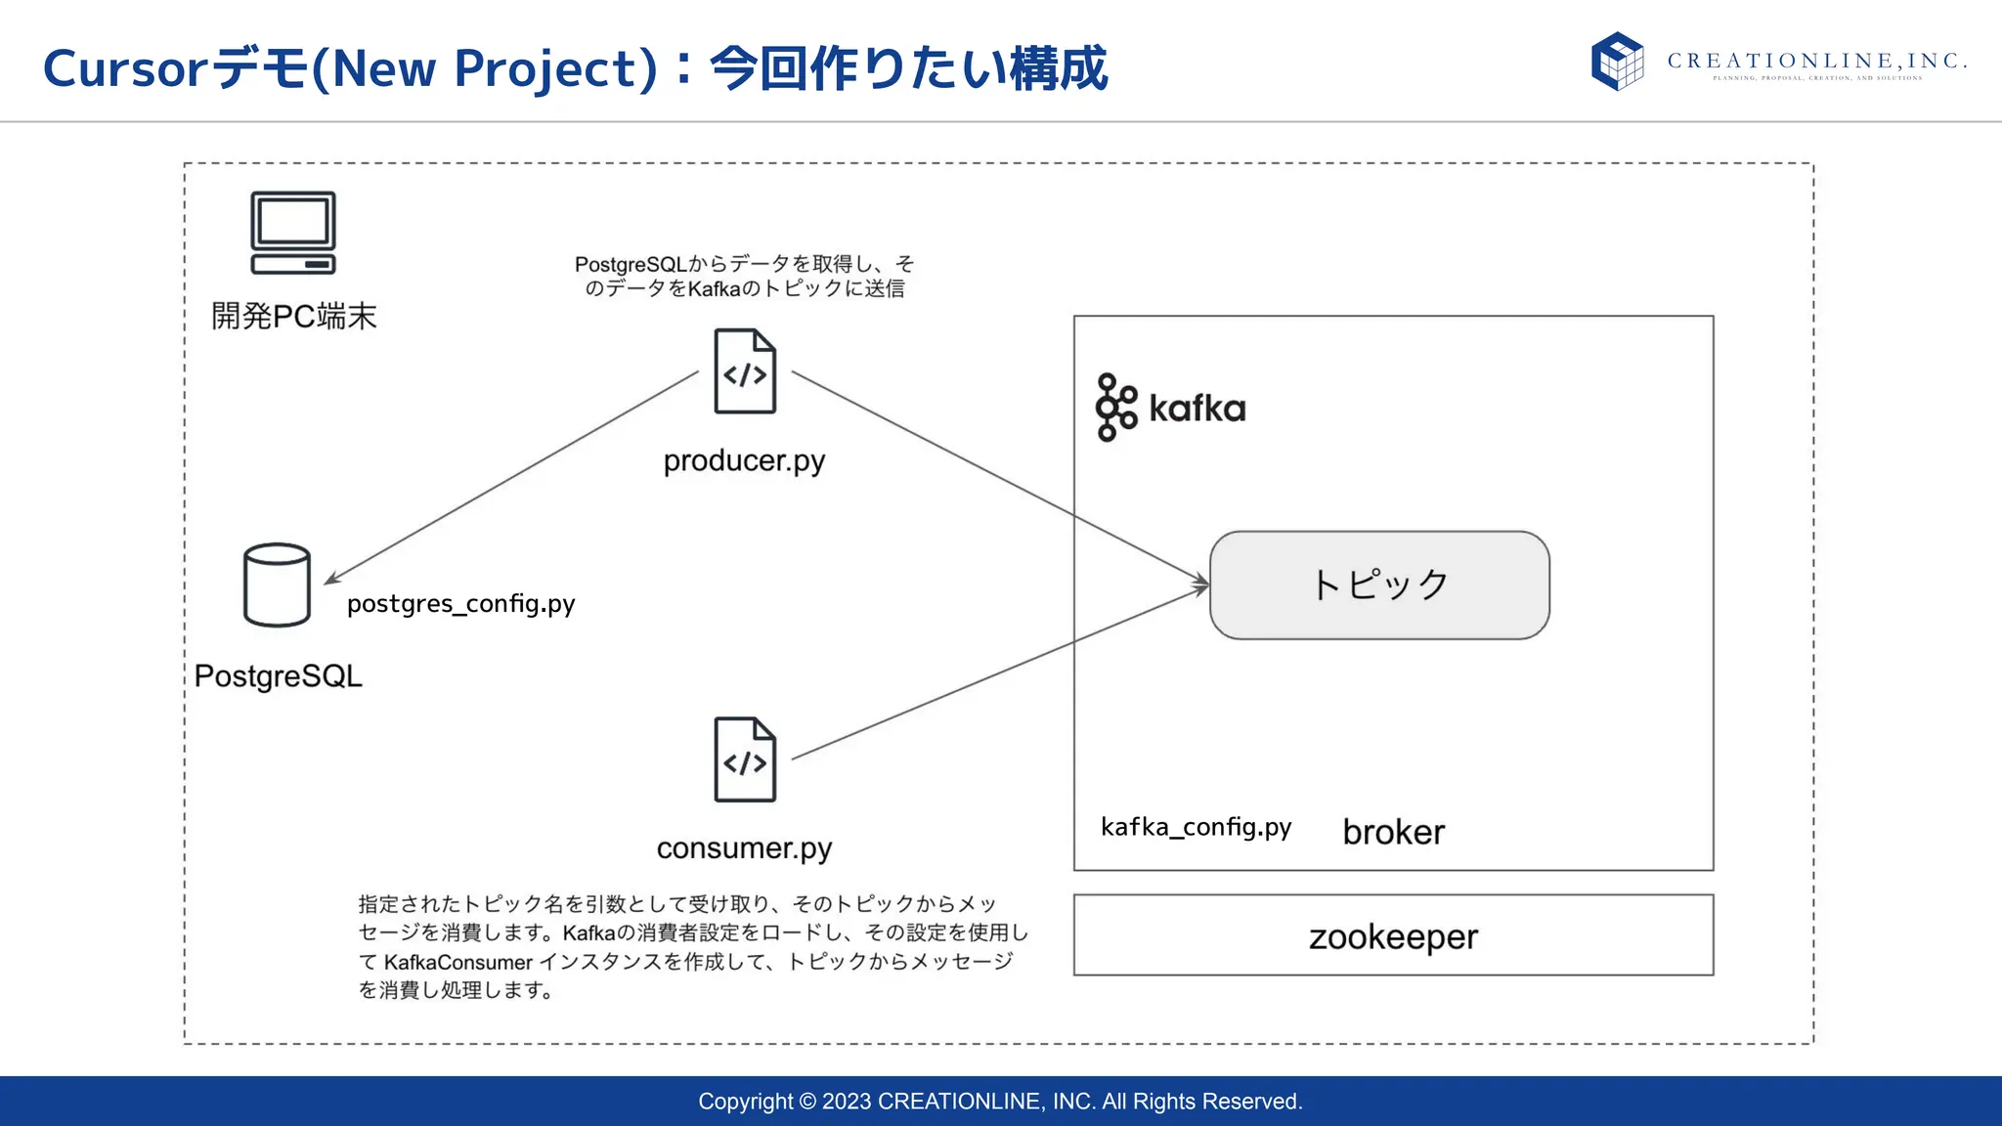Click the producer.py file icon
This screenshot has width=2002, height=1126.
click(x=745, y=371)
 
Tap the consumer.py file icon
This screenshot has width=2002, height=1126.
click(x=745, y=759)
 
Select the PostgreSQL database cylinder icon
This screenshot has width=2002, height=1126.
click(x=277, y=585)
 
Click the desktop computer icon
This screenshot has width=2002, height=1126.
click(x=293, y=233)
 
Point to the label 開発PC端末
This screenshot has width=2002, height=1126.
click(x=293, y=316)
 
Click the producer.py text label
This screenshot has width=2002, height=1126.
click(x=744, y=460)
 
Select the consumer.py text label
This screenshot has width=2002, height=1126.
click(x=744, y=848)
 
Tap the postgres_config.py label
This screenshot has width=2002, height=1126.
click(x=460, y=604)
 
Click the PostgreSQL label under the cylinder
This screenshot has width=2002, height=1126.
click(x=278, y=675)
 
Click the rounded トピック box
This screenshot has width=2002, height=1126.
click(x=1379, y=585)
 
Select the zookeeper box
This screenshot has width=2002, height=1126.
click(x=1393, y=935)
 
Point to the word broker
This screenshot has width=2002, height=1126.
click(x=1393, y=832)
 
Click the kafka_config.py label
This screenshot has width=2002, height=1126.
click(x=1196, y=828)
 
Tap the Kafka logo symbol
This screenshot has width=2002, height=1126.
click(x=1116, y=408)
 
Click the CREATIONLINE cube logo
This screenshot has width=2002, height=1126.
click(x=1618, y=61)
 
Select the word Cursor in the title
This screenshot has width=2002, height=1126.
click(x=125, y=68)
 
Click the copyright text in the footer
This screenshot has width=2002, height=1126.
click(x=1000, y=1102)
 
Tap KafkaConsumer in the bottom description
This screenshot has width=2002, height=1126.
click(x=457, y=963)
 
